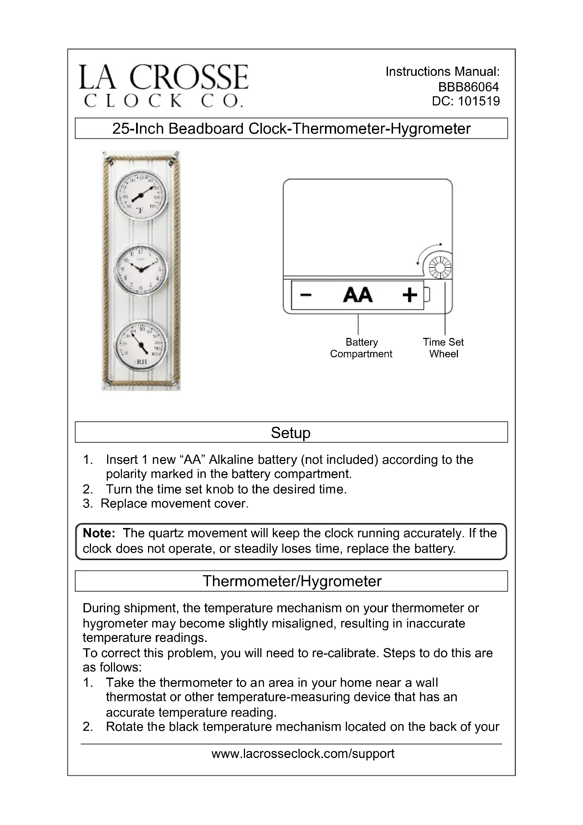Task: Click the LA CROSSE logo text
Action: [163, 77]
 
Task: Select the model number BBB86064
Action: [468, 87]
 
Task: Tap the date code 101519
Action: [479, 101]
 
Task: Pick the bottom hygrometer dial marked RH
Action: [141, 345]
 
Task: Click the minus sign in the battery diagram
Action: [306, 295]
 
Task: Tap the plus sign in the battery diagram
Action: [410, 295]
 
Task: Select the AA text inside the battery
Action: [357, 295]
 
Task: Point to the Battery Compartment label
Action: [361, 348]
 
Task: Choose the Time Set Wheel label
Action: [443, 348]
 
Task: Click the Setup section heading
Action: [291, 433]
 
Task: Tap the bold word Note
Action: [99, 533]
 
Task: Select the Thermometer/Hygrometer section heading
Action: [291, 581]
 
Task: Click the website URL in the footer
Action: [303, 753]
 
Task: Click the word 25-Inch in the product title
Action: [138, 129]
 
